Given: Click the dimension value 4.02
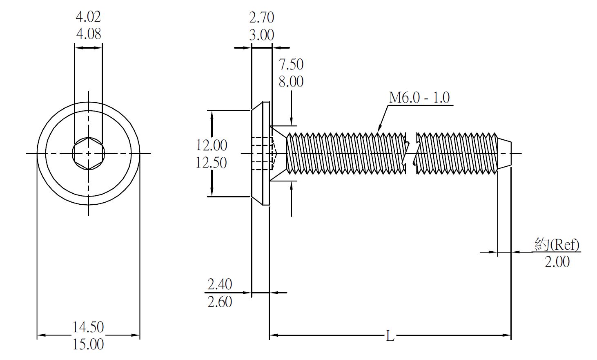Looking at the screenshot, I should (x=88, y=17).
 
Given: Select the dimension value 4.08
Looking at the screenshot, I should (x=88, y=34).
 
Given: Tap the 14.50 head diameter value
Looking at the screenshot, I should (x=88, y=327).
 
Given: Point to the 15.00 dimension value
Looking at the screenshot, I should (x=88, y=344).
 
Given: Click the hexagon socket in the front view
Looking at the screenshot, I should (x=88, y=153).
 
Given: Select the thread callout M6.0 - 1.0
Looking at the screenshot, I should (x=419, y=98).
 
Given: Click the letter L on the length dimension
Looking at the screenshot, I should (x=390, y=336).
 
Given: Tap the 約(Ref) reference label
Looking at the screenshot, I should (x=557, y=245).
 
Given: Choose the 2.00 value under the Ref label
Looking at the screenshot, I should (x=557, y=262).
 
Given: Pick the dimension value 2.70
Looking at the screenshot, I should (x=261, y=18).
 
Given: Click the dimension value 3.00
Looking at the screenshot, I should (x=261, y=35).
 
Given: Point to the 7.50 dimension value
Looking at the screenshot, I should (x=291, y=64).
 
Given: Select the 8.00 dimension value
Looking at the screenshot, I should (x=291, y=81).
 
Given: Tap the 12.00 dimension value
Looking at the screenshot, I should (x=211, y=145).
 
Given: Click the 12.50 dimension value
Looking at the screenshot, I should (x=211, y=163).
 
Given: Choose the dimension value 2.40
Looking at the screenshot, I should (x=220, y=284).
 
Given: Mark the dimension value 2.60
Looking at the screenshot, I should (x=220, y=302).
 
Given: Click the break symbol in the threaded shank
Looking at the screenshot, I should (x=411, y=153).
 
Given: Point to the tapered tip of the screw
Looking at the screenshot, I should (x=504, y=153).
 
